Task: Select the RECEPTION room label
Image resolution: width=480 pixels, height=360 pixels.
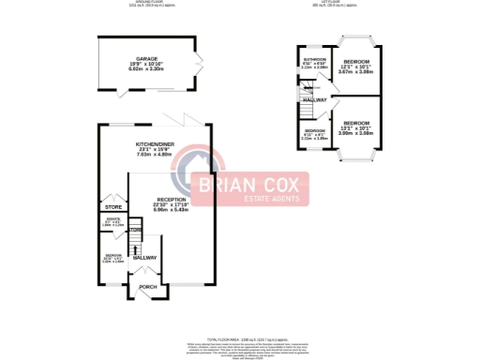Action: coord(172,199)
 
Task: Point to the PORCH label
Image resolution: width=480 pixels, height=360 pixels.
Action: coord(147,286)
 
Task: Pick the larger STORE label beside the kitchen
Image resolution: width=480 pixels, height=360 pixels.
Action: coord(113,206)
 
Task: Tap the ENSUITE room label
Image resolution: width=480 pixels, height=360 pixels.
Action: coord(112,222)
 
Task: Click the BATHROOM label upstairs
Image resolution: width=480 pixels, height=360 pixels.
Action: coord(313,58)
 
